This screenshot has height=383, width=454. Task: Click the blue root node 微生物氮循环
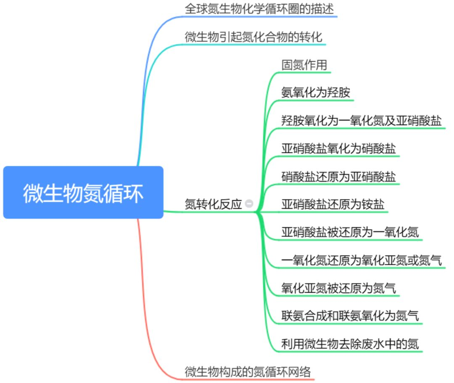pos(83,193)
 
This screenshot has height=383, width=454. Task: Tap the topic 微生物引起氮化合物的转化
pos(254,37)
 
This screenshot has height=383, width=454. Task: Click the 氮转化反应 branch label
pos(213,204)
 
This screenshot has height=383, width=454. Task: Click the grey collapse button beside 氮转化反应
pos(249,204)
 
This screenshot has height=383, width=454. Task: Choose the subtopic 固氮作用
pos(304,65)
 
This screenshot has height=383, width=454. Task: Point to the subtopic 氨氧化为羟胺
pos(315,92)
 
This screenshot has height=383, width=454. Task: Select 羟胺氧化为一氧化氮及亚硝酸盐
pos(361,121)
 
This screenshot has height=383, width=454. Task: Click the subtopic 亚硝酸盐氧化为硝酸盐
pos(338,148)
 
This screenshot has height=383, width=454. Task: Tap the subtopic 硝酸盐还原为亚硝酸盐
pos(338,177)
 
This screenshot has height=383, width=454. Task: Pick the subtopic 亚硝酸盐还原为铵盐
pos(333,204)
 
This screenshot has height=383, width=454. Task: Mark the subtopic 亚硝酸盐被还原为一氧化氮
pos(350,232)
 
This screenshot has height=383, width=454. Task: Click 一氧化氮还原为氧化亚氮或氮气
pos(361,260)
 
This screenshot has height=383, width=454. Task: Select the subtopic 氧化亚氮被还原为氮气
pos(338,288)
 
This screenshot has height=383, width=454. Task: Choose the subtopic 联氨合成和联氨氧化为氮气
pos(350,316)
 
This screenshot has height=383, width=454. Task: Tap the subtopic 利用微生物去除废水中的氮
pos(350,344)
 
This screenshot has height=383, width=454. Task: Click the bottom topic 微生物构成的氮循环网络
pos(248,372)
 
